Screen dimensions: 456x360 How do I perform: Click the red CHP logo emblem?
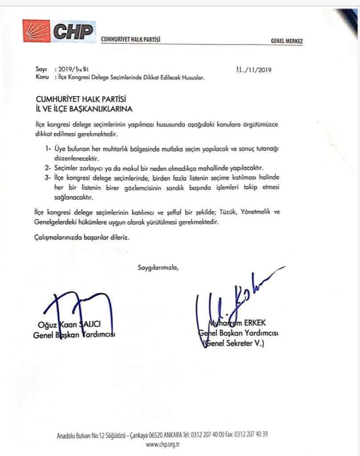pyautogui.click(x=38, y=32)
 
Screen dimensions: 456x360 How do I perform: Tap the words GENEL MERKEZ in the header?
pyautogui.click(x=287, y=41)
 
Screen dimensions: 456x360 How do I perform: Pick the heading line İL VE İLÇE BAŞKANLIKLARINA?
pyautogui.click(x=84, y=108)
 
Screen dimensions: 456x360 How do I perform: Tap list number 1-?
pyautogui.click(x=49, y=148)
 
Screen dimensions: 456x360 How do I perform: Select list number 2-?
pyautogui.click(x=49, y=168)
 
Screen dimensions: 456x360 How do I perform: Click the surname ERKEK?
pyautogui.click(x=265, y=323)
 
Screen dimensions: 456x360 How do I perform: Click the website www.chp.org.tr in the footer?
pyautogui.click(x=162, y=444)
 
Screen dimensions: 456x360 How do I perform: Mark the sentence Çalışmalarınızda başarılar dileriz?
pyautogui.click(x=81, y=238)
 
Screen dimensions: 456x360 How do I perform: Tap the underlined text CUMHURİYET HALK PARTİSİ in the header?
pyautogui.click(x=130, y=40)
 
